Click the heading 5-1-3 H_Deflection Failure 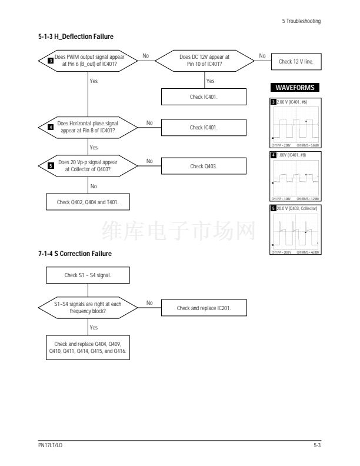click(76, 36)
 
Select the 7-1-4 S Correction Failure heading click(75, 254)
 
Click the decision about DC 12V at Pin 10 click(204, 61)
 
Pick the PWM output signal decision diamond click(88, 61)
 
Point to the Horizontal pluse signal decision click(88, 127)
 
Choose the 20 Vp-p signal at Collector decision click(88, 166)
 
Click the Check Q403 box click(205, 167)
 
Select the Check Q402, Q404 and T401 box click(88, 202)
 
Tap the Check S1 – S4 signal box click(88, 275)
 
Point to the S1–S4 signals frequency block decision click(88, 307)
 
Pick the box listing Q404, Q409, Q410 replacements click(88, 346)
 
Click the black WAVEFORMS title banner click(294, 88)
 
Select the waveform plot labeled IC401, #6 click(294, 124)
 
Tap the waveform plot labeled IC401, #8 click(294, 177)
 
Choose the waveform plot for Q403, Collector click(294, 229)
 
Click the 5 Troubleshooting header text click(301, 21)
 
